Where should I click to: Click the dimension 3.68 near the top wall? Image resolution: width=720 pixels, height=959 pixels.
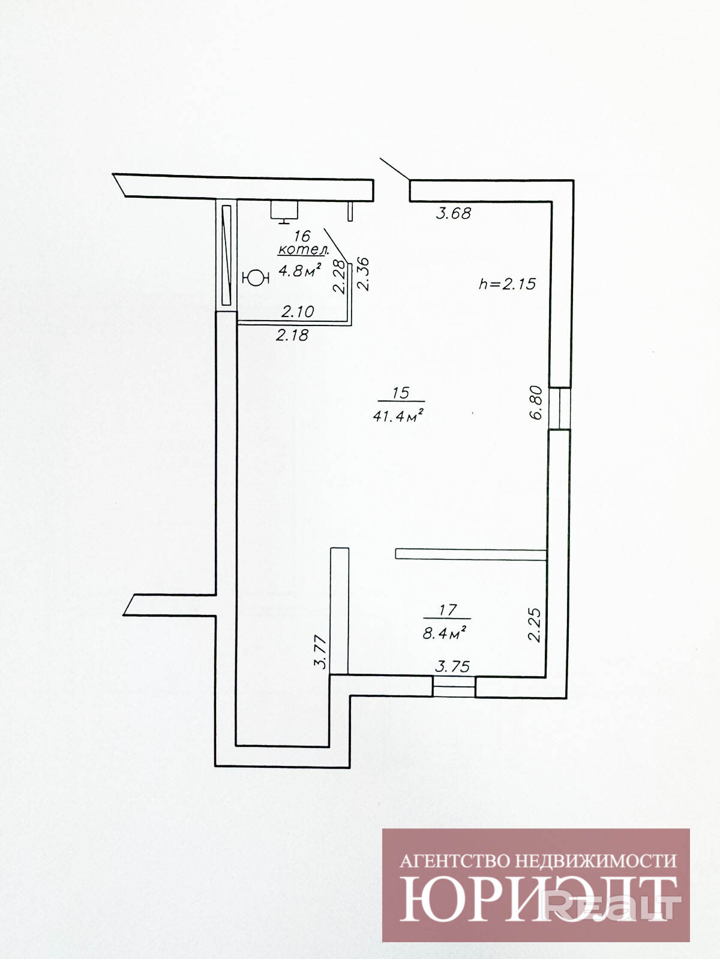[454, 213]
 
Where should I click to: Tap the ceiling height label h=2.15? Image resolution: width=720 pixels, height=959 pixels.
[507, 284]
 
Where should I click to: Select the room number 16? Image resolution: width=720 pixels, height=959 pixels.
[302, 236]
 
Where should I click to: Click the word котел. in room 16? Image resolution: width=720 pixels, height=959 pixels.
[304, 250]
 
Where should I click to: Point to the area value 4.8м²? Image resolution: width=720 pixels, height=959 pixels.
[300, 271]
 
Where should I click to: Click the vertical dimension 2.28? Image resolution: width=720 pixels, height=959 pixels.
[340, 276]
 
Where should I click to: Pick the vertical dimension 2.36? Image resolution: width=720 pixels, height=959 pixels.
[363, 274]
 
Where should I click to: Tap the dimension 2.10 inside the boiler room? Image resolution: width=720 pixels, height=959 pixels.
[298, 312]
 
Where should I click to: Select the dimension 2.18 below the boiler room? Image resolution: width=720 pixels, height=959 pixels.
[292, 335]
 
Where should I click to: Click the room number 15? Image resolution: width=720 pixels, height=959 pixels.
[400, 393]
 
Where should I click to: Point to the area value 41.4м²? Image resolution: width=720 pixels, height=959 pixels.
[398, 415]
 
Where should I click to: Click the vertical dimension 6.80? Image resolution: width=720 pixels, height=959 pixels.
[536, 402]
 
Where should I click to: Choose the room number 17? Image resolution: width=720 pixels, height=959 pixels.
[446, 610]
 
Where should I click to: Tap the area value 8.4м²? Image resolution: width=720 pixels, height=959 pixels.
[444, 632]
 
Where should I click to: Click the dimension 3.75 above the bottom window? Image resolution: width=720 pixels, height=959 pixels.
[452, 667]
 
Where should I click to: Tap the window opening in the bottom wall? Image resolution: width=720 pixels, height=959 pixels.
[454, 686]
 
